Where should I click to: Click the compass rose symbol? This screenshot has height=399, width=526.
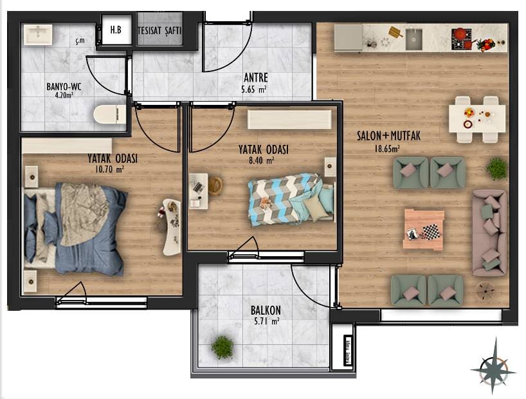493,370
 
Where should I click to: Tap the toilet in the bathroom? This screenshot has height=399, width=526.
110,115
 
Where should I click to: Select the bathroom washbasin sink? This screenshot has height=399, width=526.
38,34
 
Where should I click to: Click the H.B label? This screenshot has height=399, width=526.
116,30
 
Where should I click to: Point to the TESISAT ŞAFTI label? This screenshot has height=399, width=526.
159,30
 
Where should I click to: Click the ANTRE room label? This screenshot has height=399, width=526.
256,78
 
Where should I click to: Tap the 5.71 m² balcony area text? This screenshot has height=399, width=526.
267,321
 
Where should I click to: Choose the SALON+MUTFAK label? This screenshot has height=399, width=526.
388,136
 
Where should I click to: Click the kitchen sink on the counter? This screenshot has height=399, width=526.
414,39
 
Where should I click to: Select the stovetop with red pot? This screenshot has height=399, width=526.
462,39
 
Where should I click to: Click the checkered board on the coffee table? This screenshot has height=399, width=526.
430,232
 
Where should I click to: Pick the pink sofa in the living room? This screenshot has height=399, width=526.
489,233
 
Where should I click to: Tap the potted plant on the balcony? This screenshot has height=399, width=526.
222,347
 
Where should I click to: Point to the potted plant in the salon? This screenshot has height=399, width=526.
496,169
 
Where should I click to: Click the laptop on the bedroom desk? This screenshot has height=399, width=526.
198,187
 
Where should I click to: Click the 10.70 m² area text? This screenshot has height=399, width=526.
110,169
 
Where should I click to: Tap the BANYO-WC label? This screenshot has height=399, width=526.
64,87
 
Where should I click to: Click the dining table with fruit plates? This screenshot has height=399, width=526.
477,119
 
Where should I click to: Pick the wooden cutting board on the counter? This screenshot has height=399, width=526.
396,32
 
